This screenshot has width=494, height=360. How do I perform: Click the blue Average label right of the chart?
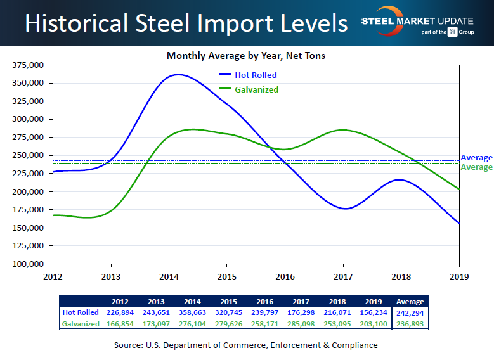(x=476, y=157)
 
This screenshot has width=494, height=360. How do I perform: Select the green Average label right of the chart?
(x=476, y=167)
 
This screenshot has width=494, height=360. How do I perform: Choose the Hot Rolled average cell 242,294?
(x=410, y=312)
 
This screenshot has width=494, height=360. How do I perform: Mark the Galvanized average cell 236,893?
(x=410, y=323)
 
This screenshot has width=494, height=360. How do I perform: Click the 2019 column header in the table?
(x=373, y=302)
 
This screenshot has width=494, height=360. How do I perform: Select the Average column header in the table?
(x=410, y=302)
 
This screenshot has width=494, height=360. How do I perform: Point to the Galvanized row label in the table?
(x=81, y=323)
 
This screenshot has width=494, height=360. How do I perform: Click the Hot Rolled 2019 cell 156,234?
(x=373, y=312)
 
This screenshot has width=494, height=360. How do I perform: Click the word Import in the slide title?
(x=231, y=23)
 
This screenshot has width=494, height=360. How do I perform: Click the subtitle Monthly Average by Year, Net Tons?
(x=246, y=56)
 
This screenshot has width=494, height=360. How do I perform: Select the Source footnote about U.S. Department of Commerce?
(x=246, y=345)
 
